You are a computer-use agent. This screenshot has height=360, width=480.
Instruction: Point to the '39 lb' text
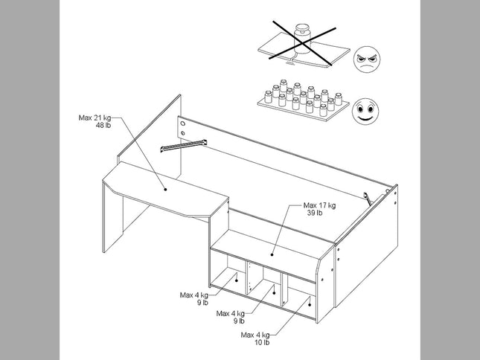pyautogui.click(x=314, y=213)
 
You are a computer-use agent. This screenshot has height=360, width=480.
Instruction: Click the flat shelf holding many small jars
pyautogui.click(x=303, y=102)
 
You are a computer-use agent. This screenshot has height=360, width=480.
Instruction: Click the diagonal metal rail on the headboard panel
pyautogui.click(x=182, y=144)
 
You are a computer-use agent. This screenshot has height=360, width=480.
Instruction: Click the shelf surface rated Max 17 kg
pyautogui.click(x=268, y=245)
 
